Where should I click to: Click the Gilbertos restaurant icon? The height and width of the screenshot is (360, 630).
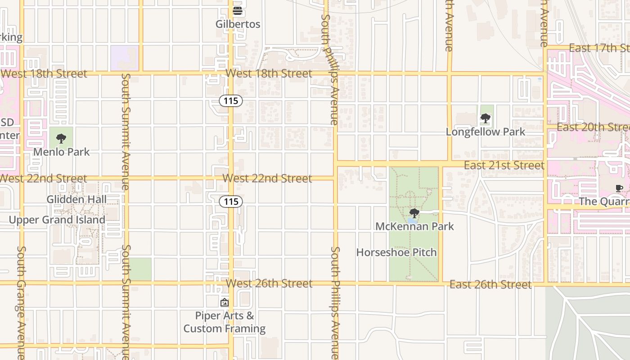(x=238, y=10)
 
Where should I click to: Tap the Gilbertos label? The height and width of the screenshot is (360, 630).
(x=238, y=24)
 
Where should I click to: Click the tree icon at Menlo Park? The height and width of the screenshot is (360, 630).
(x=61, y=139)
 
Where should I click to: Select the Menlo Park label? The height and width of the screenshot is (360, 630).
(x=61, y=152)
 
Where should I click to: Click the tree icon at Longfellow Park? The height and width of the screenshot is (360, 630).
(x=485, y=118)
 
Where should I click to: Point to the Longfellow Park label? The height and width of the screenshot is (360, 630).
(x=485, y=132)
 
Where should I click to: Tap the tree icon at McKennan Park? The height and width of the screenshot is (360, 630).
(x=414, y=213)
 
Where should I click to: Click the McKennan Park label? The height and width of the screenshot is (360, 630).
(x=414, y=226)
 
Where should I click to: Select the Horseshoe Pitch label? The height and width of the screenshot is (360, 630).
(x=396, y=252)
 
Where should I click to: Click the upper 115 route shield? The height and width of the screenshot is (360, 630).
(x=231, y=101)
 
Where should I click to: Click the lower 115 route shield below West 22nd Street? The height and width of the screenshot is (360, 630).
(x=231, y=202)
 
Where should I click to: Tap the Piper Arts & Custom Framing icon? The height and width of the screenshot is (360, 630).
(x=225, y=302)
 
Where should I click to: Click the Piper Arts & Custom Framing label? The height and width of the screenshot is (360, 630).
(x=225, y=322)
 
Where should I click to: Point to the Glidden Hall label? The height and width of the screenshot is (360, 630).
(x=76, y=199)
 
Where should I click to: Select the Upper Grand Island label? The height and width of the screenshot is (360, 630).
(x=57, y=220)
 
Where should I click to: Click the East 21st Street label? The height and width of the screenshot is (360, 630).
(x=504, y=166)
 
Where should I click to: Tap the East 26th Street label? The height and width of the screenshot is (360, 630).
(x=490, y=285)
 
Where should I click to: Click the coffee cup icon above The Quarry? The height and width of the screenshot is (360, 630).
(x=619, y=188)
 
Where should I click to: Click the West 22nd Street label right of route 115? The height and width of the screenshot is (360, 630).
(x=267, y=179)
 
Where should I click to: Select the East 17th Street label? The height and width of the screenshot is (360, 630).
(x=598, y=48)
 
